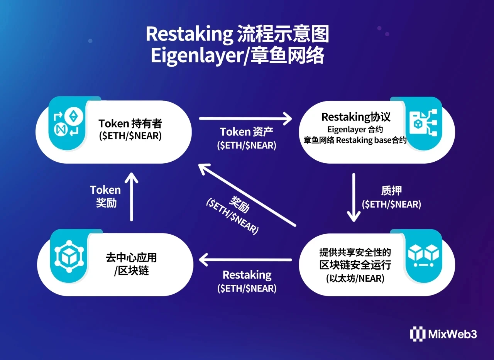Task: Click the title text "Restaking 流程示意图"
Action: click(x=237, y=35)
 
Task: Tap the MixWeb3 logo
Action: click(x=443, y=334)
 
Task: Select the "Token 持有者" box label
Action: click(x=130, y=123)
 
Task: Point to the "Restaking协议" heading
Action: click(x=356, y=117)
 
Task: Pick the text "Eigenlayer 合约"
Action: click(x=355, y=129)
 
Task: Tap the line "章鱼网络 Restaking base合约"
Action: click(x=355, y=140)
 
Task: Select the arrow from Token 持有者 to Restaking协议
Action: click(x=245, y=118)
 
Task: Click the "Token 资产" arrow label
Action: click(x=247, y=132)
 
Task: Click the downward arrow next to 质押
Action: click(x=354, y=198)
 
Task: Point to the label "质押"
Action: click(x=391, y=190)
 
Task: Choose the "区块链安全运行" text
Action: click(x=355, y=265)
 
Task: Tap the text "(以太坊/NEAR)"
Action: click(x=355, y=278)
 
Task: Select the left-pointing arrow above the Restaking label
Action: click(x=245, y=260)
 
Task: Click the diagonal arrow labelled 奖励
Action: click(x=247, y=195)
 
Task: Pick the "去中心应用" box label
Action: click(x=132, y=258)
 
